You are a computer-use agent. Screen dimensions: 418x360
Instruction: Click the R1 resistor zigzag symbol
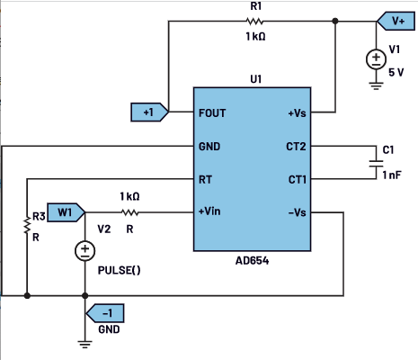click(254, 22)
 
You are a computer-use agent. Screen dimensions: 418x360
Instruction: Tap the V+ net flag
click(396, 21)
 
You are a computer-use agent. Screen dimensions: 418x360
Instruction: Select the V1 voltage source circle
click(376, 59)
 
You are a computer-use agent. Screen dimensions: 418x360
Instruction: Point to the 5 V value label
click(396, 72)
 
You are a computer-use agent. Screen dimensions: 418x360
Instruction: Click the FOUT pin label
click(212, 113)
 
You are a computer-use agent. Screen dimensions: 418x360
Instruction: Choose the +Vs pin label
click(297, 113)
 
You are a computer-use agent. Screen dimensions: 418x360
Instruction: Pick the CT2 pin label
click(296, 147)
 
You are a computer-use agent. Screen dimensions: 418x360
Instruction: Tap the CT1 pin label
click(298, 180)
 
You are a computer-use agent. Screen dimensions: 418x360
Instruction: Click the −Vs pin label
click(298, 212)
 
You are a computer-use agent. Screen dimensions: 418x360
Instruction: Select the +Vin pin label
click(209, 211)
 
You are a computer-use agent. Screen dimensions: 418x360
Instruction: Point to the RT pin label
click(205, 180)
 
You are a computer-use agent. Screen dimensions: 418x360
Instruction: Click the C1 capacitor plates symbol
click(376, 164)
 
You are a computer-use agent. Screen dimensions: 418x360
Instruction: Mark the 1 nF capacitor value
click(392, 175)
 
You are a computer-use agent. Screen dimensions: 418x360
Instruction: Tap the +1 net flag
click(150, 112)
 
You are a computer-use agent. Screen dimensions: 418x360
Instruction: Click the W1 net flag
click(67, 212)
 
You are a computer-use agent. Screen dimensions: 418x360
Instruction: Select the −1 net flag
click(105, 313)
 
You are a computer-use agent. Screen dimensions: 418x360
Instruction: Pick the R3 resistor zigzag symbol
click(27, 226)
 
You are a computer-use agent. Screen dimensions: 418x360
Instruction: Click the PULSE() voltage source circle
click(85, 251)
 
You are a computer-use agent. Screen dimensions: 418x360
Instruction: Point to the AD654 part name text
click(252, 261)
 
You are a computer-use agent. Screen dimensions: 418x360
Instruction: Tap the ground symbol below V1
click(376, 85)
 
